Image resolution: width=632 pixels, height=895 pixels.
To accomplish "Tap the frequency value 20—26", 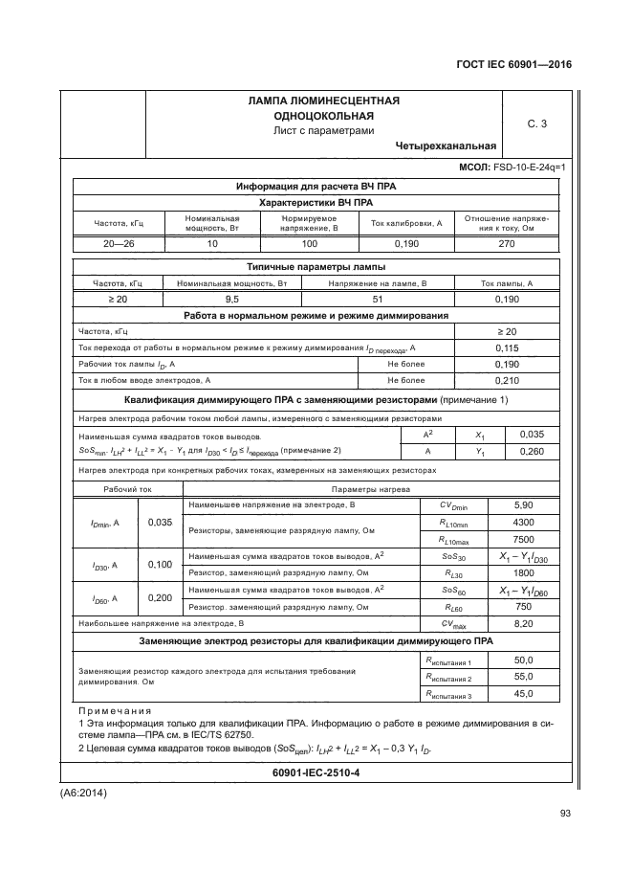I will (119, 243).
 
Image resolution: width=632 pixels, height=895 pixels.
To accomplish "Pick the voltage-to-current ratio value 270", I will (506, 243).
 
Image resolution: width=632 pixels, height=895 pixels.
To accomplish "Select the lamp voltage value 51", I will (377, 300).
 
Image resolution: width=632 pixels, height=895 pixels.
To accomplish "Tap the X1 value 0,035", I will (531, 434).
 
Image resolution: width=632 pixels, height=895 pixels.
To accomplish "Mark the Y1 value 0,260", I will (531, 451).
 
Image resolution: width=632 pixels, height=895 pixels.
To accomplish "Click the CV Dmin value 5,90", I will (523, 504).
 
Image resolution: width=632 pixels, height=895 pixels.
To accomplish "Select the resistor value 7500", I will (523, 538).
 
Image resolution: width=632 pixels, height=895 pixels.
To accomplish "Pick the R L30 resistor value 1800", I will (523, 572).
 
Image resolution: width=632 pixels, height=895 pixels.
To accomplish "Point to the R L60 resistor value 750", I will (523, 607).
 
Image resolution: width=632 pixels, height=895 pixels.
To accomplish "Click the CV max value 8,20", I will (523, 623).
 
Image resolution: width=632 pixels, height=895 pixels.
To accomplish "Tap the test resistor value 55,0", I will (523, 677).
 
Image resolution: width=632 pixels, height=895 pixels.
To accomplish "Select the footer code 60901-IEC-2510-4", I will (316, 772).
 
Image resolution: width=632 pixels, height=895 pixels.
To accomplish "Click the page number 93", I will (564, 814).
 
